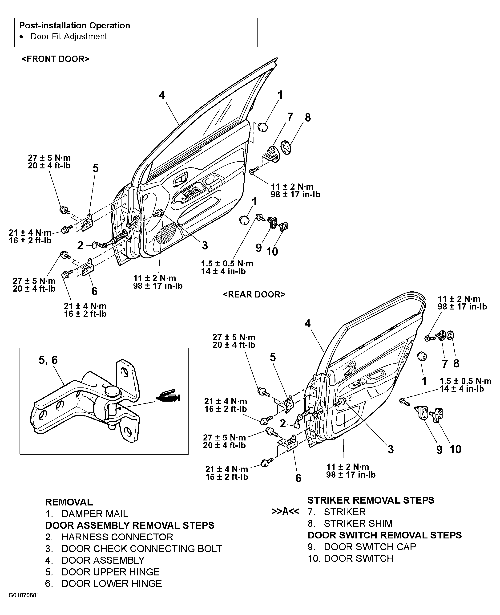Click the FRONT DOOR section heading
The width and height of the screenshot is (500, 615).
(x=56, y=59)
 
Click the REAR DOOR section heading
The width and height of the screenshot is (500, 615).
(x=254, y=294)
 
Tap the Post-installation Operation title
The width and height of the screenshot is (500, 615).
(x=75, y=25)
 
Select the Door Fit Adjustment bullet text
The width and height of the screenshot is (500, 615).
(x=70, y=37)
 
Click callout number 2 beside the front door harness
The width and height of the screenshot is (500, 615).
(x=80, y=245)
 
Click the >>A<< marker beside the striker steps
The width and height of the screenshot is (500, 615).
(x=285, y=512)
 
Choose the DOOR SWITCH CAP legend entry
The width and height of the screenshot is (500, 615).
(x=370, y=547)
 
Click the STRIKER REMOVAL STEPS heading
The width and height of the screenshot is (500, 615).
(x=371, y=500)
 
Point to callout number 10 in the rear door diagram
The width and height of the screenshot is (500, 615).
(x=455, y=449)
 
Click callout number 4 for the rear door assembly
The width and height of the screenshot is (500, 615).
(x=308, y=324)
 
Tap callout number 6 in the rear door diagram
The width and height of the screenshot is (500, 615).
(x=298, y=478)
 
